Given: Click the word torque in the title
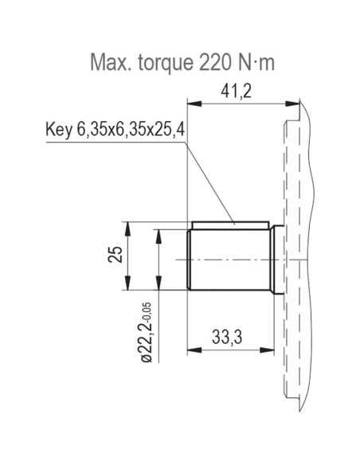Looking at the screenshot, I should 160,62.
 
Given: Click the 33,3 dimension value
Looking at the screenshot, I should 228,338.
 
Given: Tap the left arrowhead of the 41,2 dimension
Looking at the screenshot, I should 191,102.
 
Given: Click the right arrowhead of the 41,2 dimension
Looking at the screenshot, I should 294,102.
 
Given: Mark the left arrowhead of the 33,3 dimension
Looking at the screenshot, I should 191,349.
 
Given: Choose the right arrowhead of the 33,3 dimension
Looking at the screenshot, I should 268,349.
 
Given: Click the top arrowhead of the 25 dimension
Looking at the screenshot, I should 128,227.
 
